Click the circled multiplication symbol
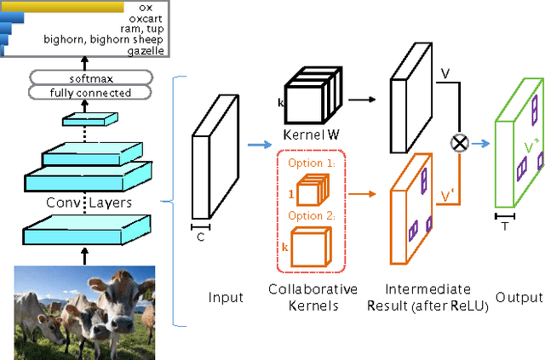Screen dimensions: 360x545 pyautogui.click(x=460, y=143)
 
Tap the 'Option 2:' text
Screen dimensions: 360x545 pyautogui.click(x=308, y=216)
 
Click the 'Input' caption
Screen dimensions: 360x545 pyautogui.click(x=226, y=298)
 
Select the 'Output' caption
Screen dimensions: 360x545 pyautogui.click(x=519, y=298)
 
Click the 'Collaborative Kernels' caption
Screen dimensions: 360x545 pyautogui.click(x=313, y=297)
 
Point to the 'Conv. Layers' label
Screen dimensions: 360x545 pyautogui.click(x=83, y=180)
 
